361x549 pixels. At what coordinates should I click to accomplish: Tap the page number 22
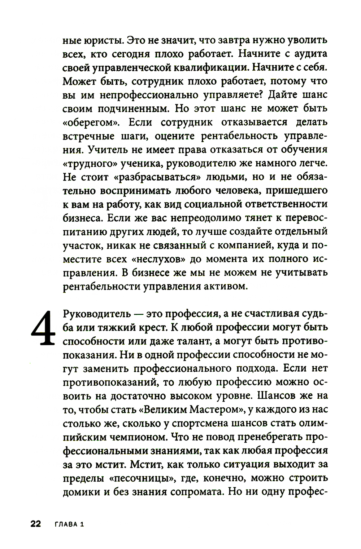pos(36,524)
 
